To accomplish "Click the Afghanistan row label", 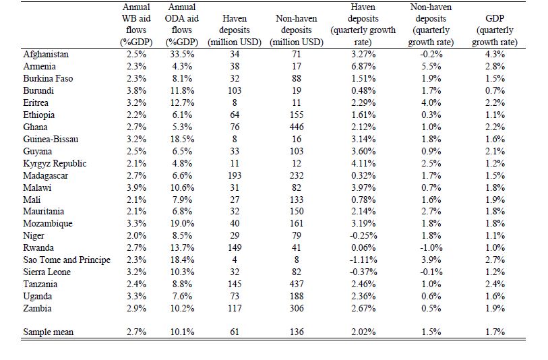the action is (46, 55).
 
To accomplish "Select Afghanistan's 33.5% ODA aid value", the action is (182, 55).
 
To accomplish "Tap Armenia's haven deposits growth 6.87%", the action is (363, 67).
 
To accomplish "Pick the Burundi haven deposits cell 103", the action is (235, 91).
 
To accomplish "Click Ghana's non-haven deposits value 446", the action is (297, 127).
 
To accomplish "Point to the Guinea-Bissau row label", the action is (51, 139).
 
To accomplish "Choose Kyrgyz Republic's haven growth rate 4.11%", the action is (363, 164).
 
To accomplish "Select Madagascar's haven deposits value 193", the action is (235, 175).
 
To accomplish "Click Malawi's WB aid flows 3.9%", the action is (136, 187).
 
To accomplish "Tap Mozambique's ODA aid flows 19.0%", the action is (182, 223).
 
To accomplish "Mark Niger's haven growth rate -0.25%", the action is (363, 235).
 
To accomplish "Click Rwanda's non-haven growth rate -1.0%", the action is (431, 248).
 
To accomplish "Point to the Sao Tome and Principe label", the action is (67, 260).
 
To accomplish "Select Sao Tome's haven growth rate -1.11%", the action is (363, 260).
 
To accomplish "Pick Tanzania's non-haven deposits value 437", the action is (297, 284).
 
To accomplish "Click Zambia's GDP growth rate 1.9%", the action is (495, 309).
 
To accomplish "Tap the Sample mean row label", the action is (49, 332).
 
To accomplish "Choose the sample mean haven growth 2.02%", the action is (363, 332).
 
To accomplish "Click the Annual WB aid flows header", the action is (136, 24).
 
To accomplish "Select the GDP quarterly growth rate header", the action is (495, 30).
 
